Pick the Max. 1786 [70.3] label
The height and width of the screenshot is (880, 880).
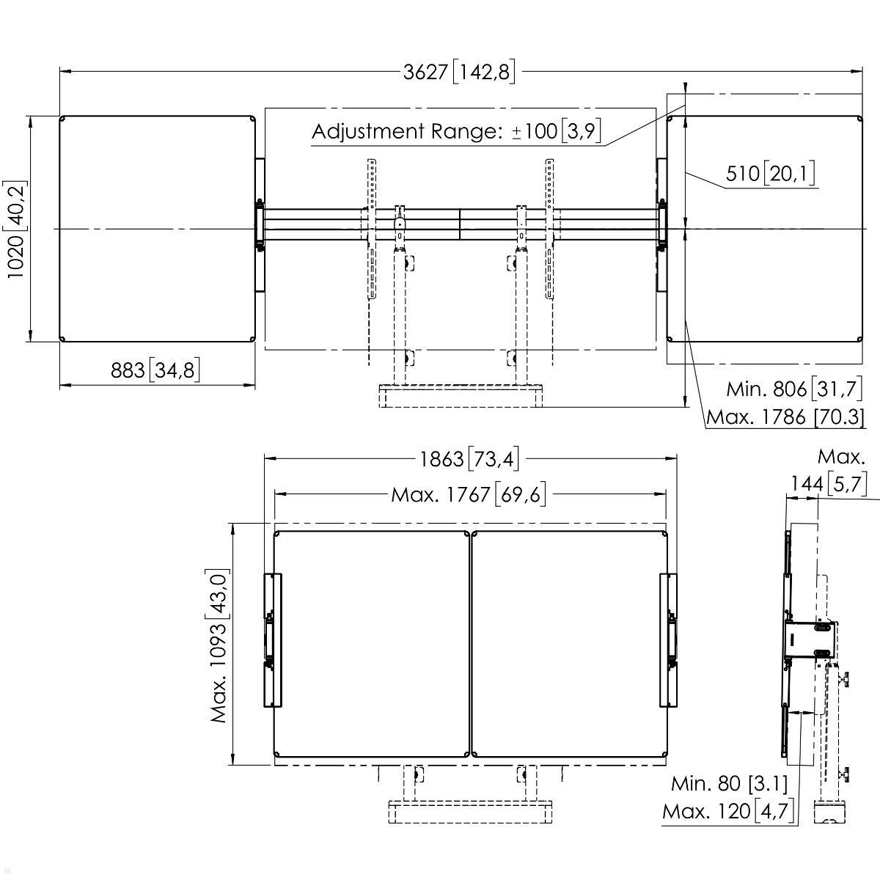[x=785, y=417]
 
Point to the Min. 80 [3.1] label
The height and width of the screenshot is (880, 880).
[x=729, y=784]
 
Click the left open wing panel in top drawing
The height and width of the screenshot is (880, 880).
[x=157, y=229]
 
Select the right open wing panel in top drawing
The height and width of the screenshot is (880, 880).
[x=765, y=229]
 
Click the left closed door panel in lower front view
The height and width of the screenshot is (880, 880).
[x=371, y=644]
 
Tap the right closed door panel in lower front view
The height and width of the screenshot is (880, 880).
[x=569, y=644]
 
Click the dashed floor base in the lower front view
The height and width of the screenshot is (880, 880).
[x=469, y=813]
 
